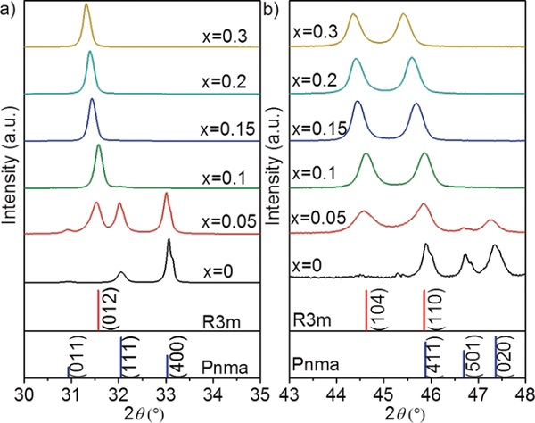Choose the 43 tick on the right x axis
click(x=290, y=395)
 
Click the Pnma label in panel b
click(x=314, y=365)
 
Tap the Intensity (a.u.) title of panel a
click(x=11, y=195)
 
